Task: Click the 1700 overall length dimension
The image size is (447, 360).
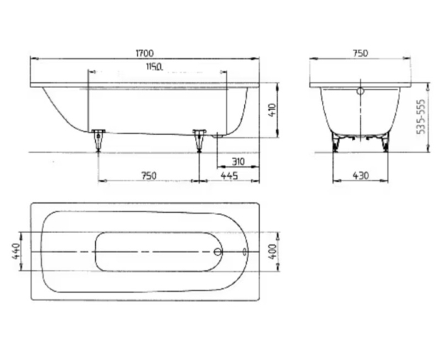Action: (x=144, y=53)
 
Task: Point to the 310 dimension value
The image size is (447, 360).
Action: (x=238, y=162)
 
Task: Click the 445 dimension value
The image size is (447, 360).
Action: (x=229, y=175)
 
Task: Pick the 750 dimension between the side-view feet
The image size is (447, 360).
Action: (x=148, y=175)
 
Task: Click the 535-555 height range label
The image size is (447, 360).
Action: (x=421, y=117)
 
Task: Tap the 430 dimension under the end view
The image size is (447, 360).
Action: (x=361, y=175)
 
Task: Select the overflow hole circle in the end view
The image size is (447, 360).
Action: (x=360, y=92)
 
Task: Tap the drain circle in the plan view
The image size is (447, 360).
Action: (x=218, y=251)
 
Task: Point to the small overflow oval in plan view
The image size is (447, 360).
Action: (x=245, y=251)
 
